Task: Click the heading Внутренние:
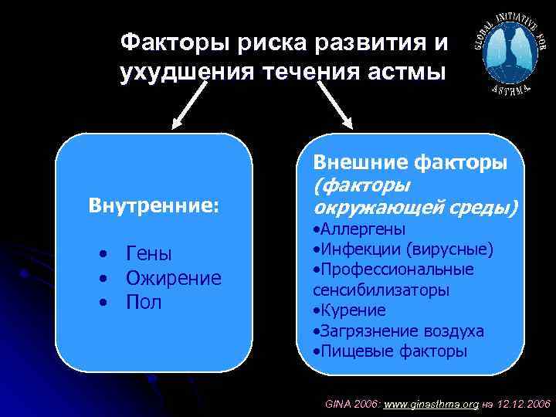pos(154,206)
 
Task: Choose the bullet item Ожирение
pos(174,278)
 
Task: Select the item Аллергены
pos(359,229)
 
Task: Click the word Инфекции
pos(356,249)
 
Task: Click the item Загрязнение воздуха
pos(398,331)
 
